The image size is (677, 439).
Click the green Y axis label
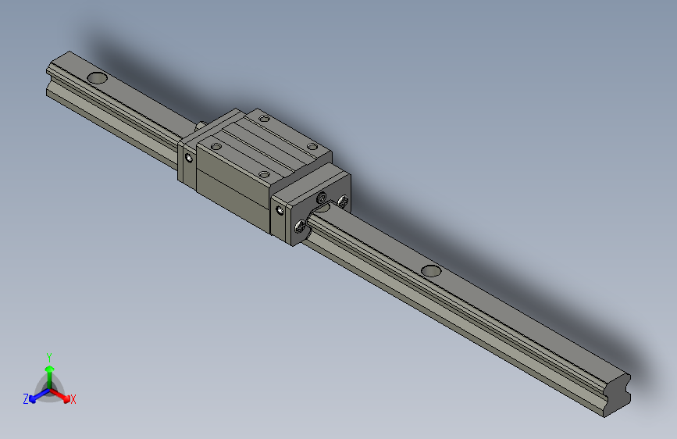(48, 355)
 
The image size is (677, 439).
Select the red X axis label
(73, 399)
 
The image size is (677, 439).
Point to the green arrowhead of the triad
(48, 368)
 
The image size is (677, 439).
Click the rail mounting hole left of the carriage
(98, 78)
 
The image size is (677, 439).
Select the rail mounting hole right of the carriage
(430, 270)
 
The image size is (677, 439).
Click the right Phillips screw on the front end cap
(344, 202)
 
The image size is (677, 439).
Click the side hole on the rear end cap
(188, 157)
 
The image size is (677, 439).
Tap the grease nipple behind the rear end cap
(201, 123)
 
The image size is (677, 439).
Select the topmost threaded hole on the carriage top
(264, 120)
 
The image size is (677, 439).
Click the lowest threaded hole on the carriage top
(264, 174)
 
